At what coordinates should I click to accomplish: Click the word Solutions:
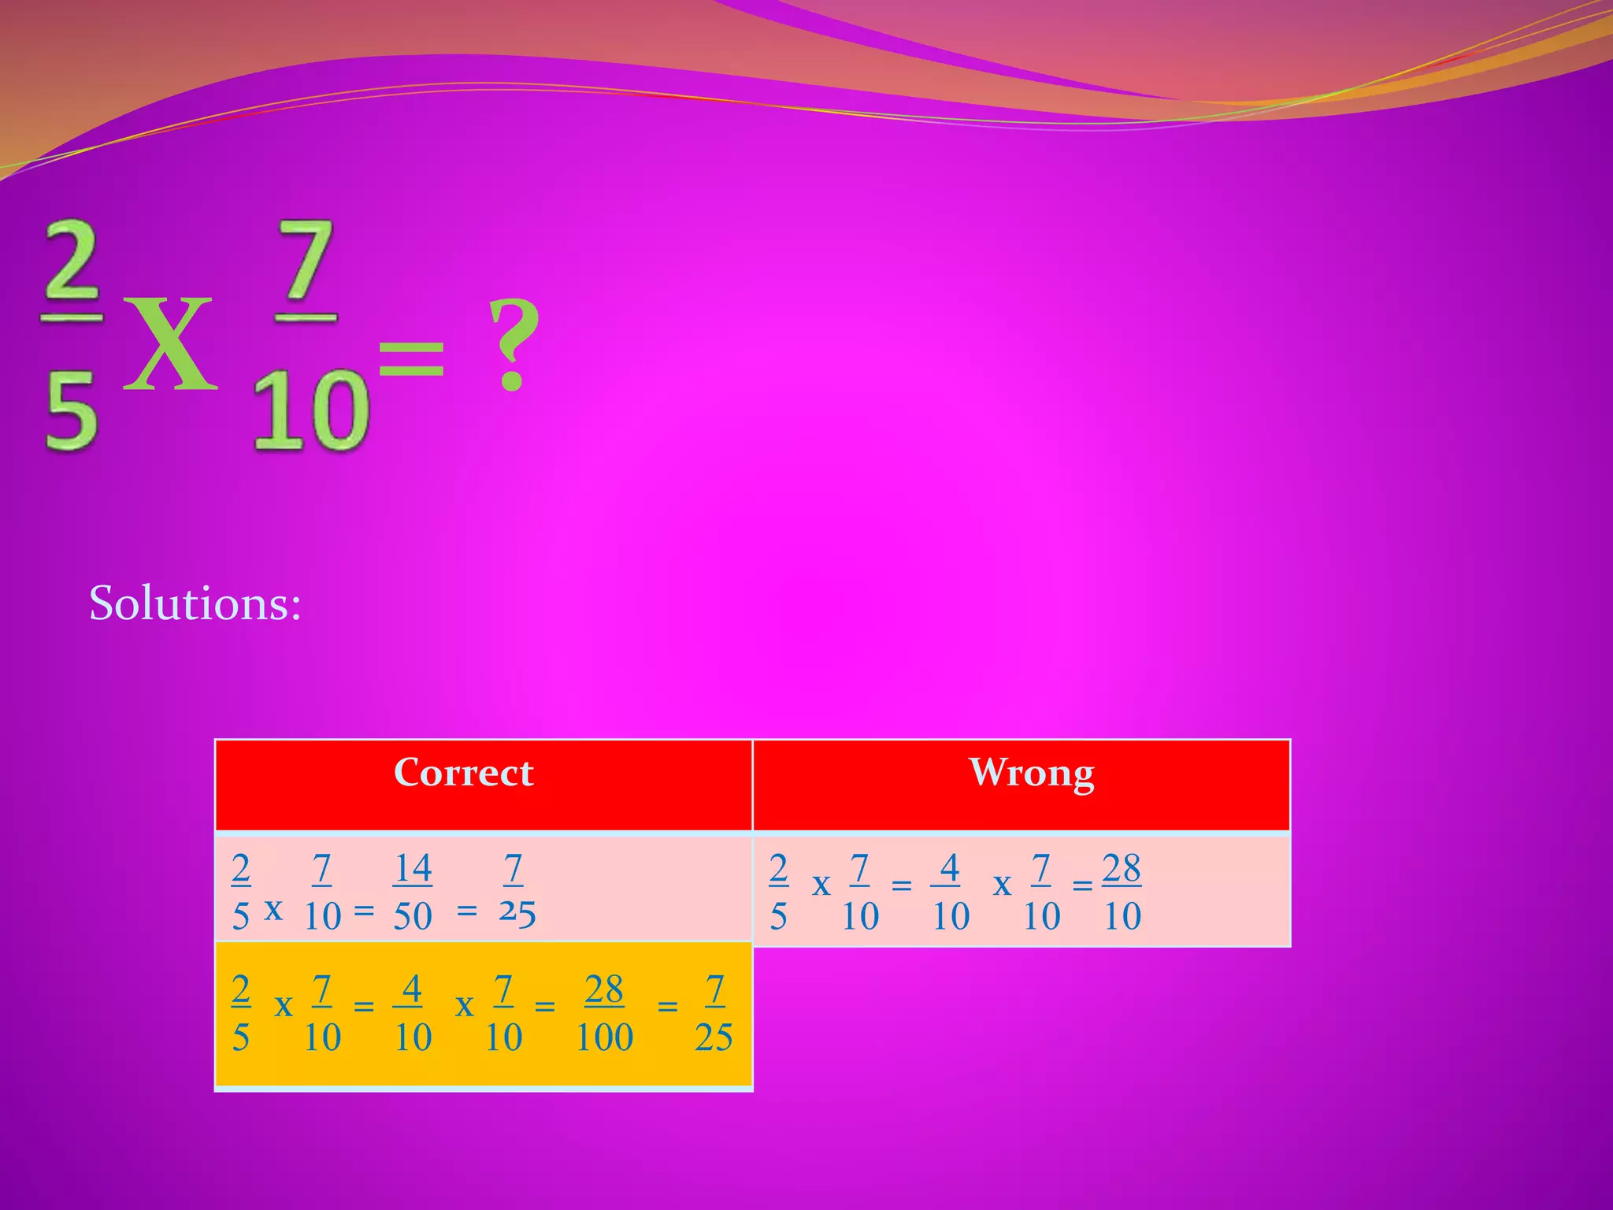tap(195, 603)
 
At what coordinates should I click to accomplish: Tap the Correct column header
tap(463, 773)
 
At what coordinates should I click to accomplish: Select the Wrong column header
tap(1031, 773)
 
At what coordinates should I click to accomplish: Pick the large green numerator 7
tap(307, 260)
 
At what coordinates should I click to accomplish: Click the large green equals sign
tap(411, 358)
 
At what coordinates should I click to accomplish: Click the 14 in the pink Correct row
tap(413, 868)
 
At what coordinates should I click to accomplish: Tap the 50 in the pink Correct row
tap(413, 916)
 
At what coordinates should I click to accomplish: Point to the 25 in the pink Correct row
tap(517, 914)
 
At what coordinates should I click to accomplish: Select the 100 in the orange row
tap(604, 1037)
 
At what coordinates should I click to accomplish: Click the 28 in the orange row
tap(604, 989)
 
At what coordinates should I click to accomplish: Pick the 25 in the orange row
tap(714, 1037)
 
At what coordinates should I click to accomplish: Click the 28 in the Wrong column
tap(1122, 868)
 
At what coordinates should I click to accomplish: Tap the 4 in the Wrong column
tap(950, 868)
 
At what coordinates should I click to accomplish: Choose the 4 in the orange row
tap(412, 989)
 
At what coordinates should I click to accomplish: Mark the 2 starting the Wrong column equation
tap(778, 868)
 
